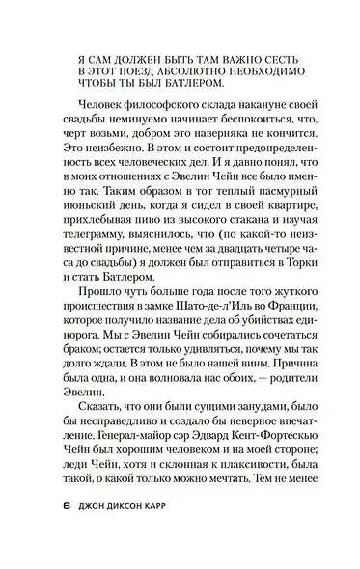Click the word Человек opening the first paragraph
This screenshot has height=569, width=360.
click(100, 122)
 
